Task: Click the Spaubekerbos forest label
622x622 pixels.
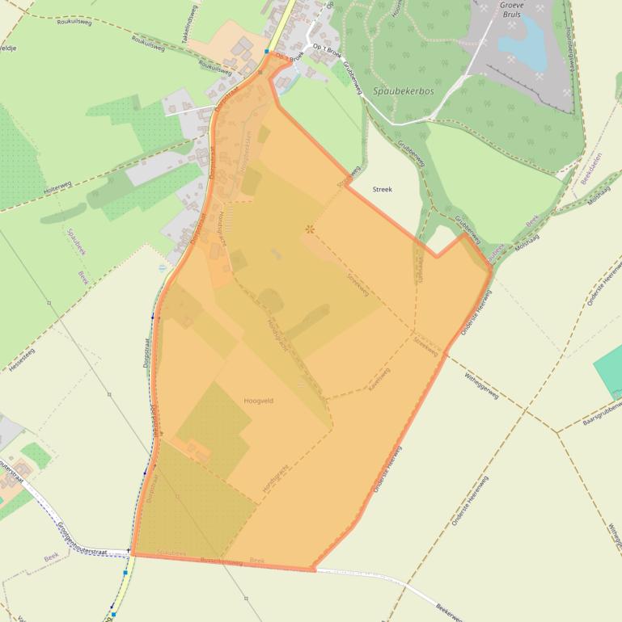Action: point(404,92)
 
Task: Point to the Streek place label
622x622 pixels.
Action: point(382,189)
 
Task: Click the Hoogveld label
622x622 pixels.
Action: point(259,400)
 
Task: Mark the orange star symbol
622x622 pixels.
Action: point(309,229)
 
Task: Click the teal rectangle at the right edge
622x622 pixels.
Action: point(608,368)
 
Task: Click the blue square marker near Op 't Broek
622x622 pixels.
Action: point(266,51)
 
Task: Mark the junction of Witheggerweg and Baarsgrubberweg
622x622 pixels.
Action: point(556,432)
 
